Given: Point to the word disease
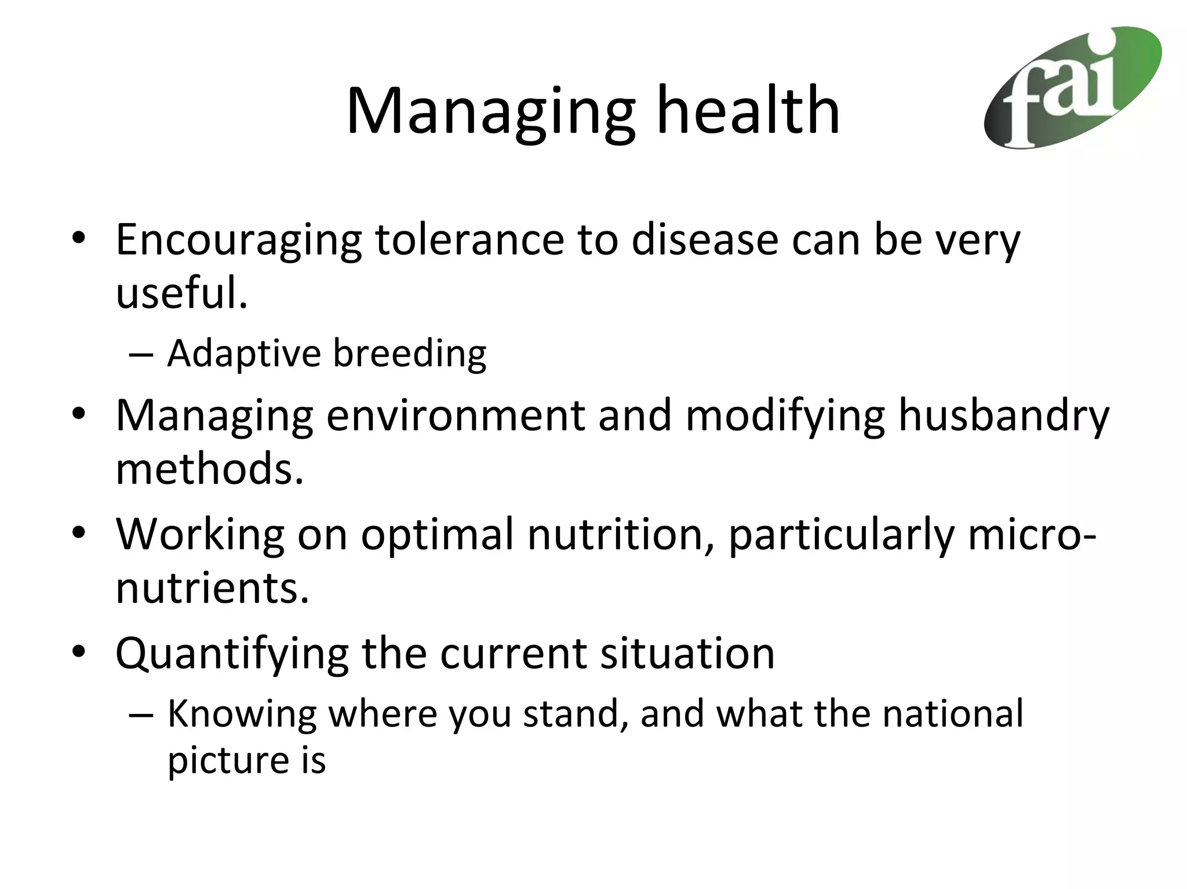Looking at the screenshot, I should pyautogui.click(x=704, y=239).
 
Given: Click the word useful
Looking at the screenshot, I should pyautogui.click(x=181, y=293).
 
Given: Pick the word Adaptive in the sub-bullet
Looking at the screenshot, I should pyautogui.click(x=243, y=354).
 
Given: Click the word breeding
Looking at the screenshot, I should pyautogui.click(x=410, y=354).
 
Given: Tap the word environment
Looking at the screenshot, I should pyautogui.click(x=456, y=416).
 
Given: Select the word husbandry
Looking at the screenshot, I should pyautogui.click(x=1003, y=416).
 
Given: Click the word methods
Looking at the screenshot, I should pyautogui.click(x=209, y=469).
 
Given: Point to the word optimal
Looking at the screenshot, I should pyautogui.click(x=438, y=534).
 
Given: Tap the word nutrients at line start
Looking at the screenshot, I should pyautogui.click(x=212, y=588).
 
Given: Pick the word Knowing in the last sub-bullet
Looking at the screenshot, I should pyautogui.click(x=242, y=714).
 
